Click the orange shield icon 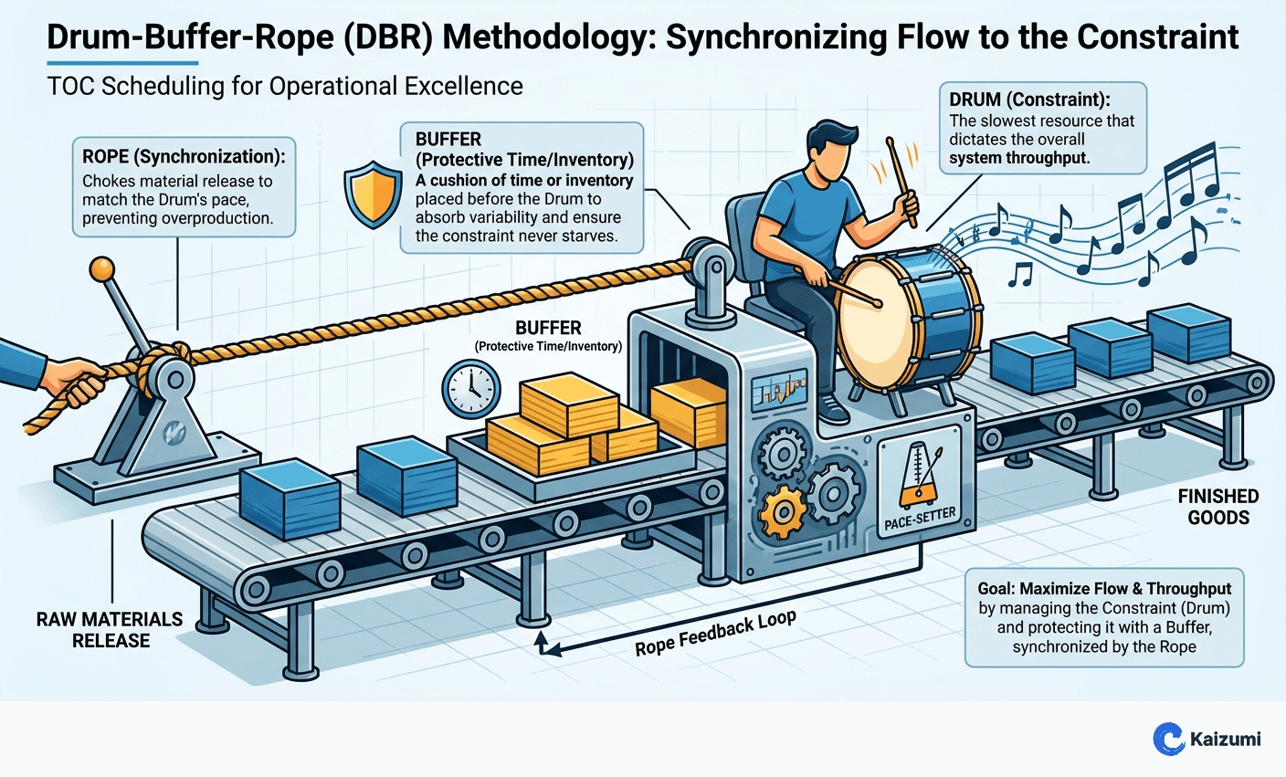tap(373, 194)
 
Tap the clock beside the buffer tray tap(470, 389)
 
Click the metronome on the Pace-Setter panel tap(916, 477)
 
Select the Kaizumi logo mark tap(1168, 739)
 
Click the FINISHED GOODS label tap(1217, 507)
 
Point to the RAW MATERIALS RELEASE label tap(110, 630)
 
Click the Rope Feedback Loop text tap(715, 633)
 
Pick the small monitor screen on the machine tap(781, 392)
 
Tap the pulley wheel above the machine tap(705, 263)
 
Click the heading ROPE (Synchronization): tap(184, 156)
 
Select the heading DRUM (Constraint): tap(1029, 100)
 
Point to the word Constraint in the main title tap(1158, 37)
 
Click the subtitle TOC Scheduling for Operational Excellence tap(285, 87)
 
